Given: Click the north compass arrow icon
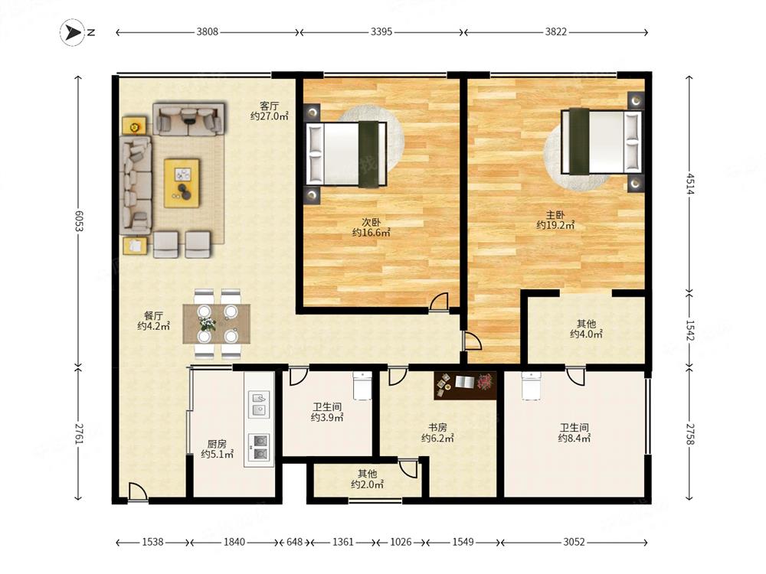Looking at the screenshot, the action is click(x=73, y=32).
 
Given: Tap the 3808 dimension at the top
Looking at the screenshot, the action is click(x=207, y=31).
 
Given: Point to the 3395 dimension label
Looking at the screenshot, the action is click(x=381, y=31).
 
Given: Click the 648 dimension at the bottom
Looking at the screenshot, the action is click(x=294, y=542).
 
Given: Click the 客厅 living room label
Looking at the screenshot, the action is click(x=269, y=106).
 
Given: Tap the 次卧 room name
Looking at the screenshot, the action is click(x=372, y=222).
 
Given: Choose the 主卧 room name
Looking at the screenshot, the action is click(x=555, y=214).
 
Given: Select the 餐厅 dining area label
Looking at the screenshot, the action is click(x=153, y=316).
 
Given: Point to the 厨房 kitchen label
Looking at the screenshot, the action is click(x=217, y=444).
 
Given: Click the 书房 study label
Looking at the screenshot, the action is click(x=437, y=428).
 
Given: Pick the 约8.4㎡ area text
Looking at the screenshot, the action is click(x=574, y=439).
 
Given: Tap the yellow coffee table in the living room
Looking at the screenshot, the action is click(x=182, y=183).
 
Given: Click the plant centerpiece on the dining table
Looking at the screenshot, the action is click(x=207, y=324).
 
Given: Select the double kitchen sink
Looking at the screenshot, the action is click(x=259, y=404).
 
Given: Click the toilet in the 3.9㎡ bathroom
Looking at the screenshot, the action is click(x=362, y=386).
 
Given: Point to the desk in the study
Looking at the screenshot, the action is click(x=465, y=386).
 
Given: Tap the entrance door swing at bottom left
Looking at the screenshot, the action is click(x=138, y=491).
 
